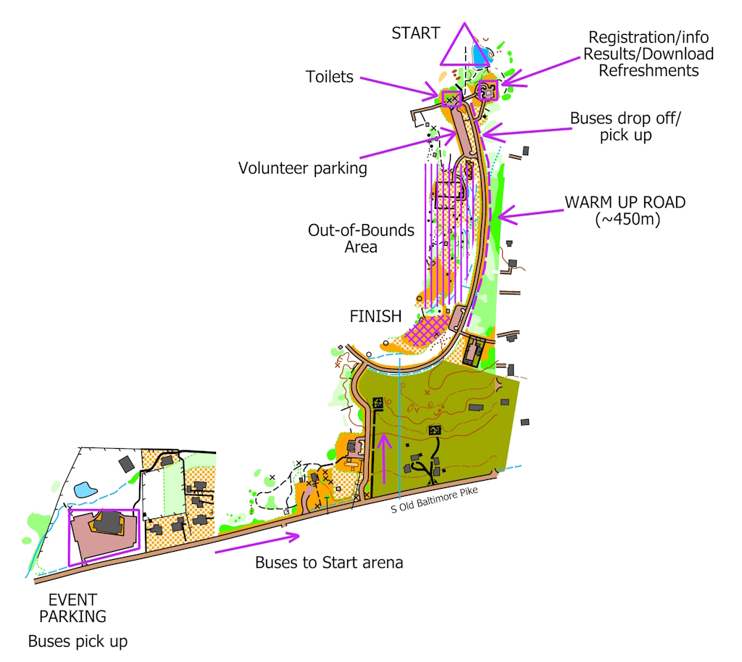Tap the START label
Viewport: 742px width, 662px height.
[415, 33]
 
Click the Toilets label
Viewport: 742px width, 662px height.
[329, 76]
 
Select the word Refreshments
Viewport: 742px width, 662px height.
[649, 70]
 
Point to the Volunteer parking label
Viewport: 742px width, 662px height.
[302, 168]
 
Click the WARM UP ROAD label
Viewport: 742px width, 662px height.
[624, 202]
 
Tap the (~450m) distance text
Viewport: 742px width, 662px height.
[627, 220]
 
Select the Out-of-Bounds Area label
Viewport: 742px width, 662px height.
[361, 239]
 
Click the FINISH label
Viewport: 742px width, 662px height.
[375, 315]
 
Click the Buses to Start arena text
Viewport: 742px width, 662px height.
[329, 563]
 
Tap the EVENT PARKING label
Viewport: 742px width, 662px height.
[72, 608]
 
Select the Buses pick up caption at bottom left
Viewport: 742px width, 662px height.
[78, 641]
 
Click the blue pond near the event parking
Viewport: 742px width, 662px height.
[86, 489]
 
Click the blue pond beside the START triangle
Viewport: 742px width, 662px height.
[479, 54]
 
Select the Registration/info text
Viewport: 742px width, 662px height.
[649, 37]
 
